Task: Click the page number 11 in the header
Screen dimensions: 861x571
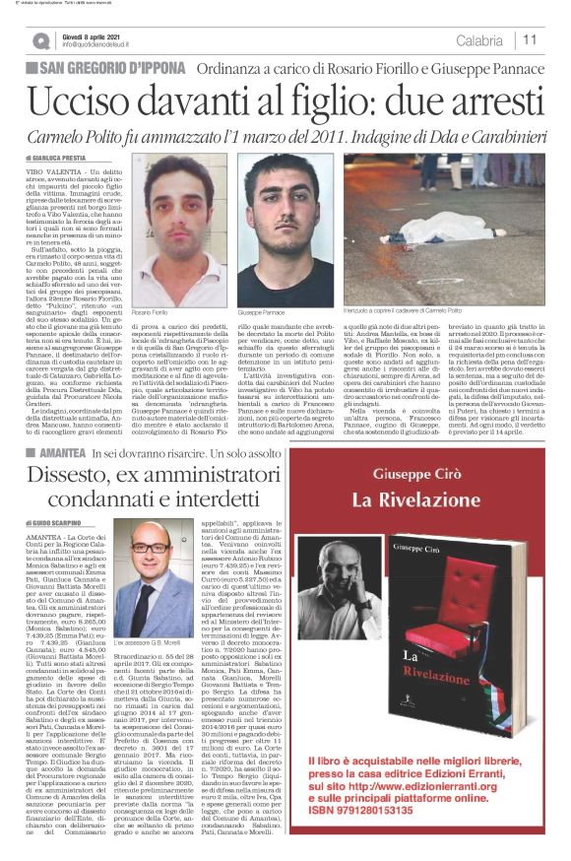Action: click(x=530, y=39)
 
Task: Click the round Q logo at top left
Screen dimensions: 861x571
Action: click(x=40, y=40)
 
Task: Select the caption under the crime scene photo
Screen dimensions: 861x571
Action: click(x=409, y=310)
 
